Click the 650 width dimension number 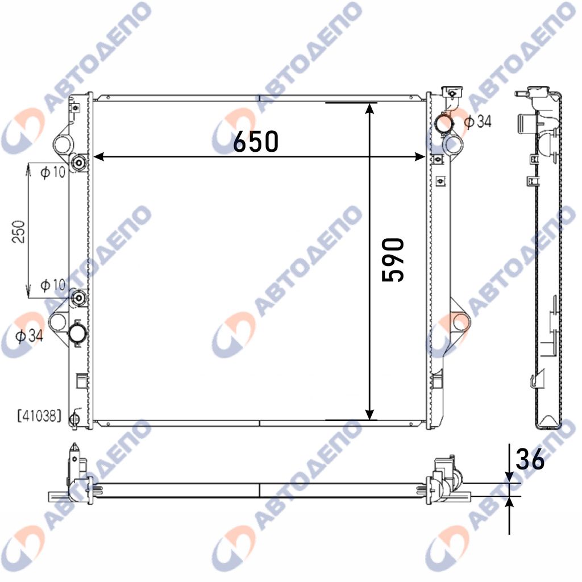pyautogui.click(x=255, y=142)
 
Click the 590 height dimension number pyautogui.click(x=393, y=260)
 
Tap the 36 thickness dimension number pyautogui.click(x=530, y=459)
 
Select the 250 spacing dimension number pyautogui.click(x=19, y=232)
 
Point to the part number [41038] pyautogui.click(x=39, y=416)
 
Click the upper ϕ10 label pyautogui.click(x=53, y=172)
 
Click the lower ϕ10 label pyautogui.click(x=53, y=285)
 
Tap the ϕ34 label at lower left pyautogui.click(x=30, y=336)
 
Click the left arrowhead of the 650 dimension pyautogui.click(x=97, y=157)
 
